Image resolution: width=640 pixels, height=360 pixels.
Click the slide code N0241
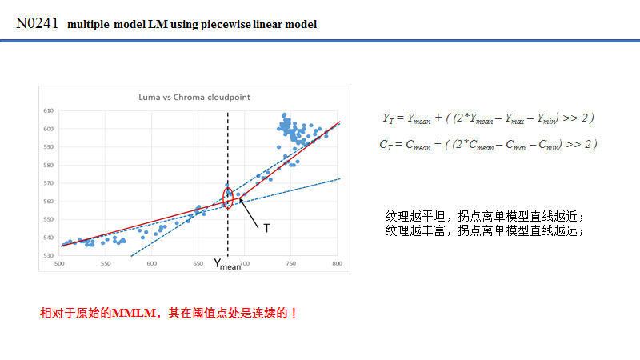tap(37, 23)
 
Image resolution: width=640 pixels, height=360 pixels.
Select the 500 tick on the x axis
tap(60, 263)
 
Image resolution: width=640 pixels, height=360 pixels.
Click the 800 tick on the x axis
tap(337, 263)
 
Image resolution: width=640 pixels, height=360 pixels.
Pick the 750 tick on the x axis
tap(290, 263)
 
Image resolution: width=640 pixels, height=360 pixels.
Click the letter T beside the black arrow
tap(266, 228)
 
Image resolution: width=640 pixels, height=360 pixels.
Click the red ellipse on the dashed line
tap(228, 198)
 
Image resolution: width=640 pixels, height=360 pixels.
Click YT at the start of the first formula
tap(390, 118)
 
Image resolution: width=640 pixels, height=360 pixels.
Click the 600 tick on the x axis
tap(152, 263)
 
